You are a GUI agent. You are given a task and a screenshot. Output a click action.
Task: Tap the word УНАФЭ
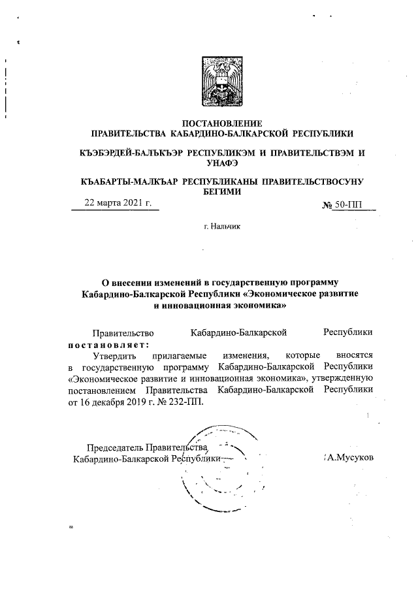(221, 163)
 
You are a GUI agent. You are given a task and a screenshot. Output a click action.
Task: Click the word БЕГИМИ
(221, 191)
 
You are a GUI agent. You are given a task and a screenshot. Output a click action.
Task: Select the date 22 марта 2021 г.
(118, 203)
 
